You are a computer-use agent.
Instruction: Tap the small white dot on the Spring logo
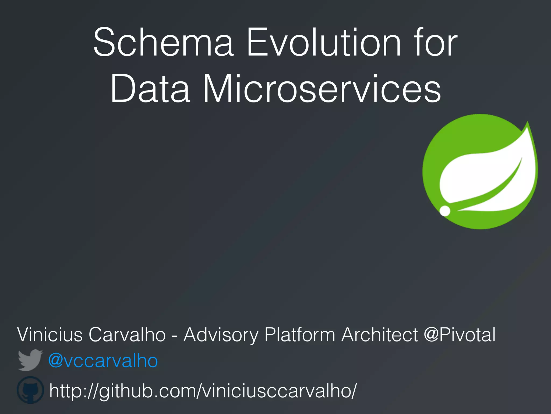pyautogui.click(x=445, y=211)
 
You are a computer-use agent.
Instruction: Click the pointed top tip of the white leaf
pyautogui.click(x=527, y=123)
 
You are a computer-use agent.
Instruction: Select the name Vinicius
pyautogui.click(x=50, y=334)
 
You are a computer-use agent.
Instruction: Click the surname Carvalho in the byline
pyautogui.click(x=127, y=334)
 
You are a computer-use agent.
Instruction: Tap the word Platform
pyautogui.click(x=300, y=334)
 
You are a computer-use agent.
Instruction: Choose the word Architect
pyautogui.click(x=380, y=334)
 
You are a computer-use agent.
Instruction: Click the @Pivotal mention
pyautogui.click(x=460, y=334)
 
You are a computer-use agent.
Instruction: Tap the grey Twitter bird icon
pyautogui.click(x=30, y=360)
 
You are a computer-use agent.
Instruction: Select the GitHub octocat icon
pyautogui.click(x=30, y=390)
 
